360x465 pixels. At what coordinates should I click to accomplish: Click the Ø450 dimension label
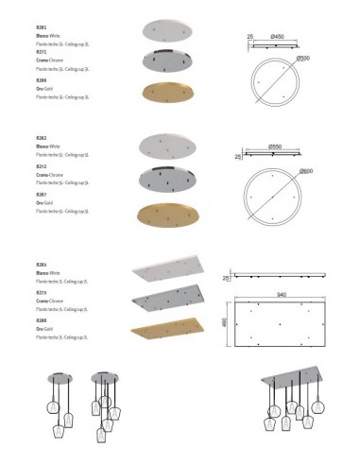278,37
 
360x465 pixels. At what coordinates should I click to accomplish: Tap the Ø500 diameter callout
301,59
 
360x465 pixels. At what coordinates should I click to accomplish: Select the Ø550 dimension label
277,146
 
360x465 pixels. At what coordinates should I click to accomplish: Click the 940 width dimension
281,294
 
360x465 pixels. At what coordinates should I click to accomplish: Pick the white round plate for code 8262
170,145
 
